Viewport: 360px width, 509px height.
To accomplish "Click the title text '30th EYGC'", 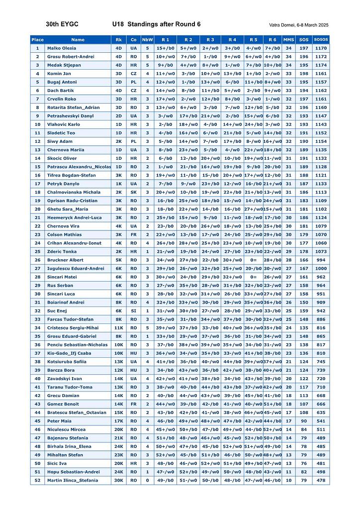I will click(x=62, y=24).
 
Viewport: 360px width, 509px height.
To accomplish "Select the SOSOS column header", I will click(x=321, y=39).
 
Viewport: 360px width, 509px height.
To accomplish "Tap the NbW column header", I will click(x=147, y=39).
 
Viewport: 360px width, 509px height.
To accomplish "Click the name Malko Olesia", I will click(x=62, y=48).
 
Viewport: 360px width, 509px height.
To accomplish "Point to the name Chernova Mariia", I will click(x=66, y=150).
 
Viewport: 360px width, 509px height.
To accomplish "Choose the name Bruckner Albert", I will click(x=65, y=260).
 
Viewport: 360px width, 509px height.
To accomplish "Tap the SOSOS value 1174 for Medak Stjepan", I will click(x=321, y=65).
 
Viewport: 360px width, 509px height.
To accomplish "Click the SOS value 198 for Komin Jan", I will click(x=303, y=74).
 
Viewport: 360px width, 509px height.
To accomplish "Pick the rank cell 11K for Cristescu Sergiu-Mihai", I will click(x=118, y=328).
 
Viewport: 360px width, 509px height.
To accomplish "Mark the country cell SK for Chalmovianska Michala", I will click(x=133, y=192).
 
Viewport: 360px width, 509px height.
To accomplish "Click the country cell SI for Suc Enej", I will click(x=133, y=311).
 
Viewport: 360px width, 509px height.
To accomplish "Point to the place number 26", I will click(x=37, y=260).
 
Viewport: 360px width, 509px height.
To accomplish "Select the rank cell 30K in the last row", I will click(x=118, y=480).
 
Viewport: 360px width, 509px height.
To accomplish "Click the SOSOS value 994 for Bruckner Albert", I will click(x=321, y=260).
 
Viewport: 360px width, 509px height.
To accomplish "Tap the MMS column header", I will click(x=288, y=39).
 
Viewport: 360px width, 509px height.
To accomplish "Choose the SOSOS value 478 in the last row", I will click(x=321, y=480).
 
